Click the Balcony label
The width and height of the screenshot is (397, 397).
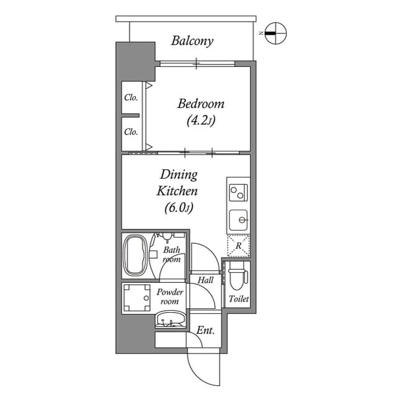[192, 42]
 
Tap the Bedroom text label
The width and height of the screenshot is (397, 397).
[200, 104]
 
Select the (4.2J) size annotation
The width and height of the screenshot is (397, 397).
[200, 121]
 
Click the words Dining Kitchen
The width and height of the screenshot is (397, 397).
[177, 183]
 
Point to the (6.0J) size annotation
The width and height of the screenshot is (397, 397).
[179, 208]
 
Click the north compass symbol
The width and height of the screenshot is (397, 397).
[275, 33]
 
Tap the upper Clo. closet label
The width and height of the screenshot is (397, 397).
[130, 97]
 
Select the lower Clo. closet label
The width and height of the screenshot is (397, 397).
[130, 132]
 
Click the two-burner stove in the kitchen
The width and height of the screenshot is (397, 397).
[238, 193]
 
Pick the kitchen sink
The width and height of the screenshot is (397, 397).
[238, 220]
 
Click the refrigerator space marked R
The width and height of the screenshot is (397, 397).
[238, 246]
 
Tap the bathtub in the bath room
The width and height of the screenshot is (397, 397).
[135, 256]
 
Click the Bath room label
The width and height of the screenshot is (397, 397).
[171, 255]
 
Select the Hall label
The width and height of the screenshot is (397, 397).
[205, 280]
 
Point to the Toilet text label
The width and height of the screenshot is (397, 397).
[238, 299]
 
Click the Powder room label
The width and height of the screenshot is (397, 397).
[169, 297]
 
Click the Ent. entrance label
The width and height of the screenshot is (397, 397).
[205, 331]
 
